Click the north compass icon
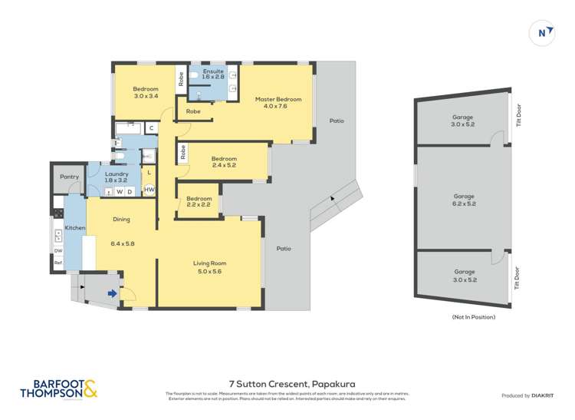coord(543,32)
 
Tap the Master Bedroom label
coord(279,103)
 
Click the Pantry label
coord(70,177)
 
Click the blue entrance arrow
coord(112,293)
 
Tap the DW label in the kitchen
coord(58,251)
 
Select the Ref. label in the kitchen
coord(58,263)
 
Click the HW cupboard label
coord(149,190)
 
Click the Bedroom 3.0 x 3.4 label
coord(146,92)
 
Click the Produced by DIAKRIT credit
coord(527,395)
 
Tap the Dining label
coord(122,220)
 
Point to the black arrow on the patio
coord(332,198)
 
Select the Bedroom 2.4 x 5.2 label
coord(224,162)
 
